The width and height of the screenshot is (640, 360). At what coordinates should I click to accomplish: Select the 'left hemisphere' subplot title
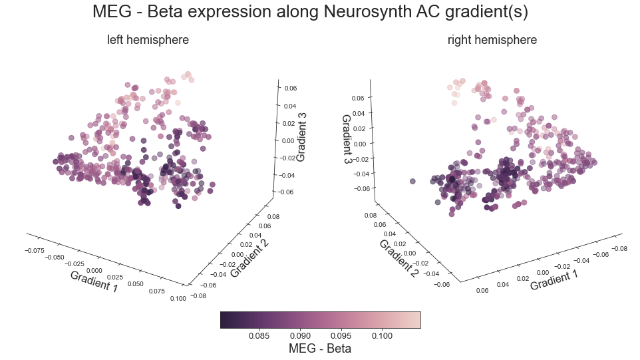click(148, 40)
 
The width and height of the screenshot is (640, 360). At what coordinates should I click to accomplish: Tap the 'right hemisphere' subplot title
click(492, 40)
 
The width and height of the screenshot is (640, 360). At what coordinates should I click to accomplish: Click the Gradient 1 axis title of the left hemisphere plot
click(94, 281)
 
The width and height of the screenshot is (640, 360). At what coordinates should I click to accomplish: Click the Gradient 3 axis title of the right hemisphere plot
click(347, 140)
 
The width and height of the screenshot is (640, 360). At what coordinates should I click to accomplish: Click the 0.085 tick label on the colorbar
click(259, 335)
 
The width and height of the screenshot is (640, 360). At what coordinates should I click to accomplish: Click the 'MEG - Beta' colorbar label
click(319, 349)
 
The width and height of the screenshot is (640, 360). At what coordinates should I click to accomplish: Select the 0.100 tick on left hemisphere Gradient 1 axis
click(178, 298)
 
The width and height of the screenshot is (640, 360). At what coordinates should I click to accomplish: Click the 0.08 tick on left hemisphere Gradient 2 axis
click(255, 217)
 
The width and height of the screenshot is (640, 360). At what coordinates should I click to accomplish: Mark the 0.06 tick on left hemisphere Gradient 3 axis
click(289, 89)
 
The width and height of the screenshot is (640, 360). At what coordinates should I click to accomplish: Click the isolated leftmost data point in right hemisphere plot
click(412, 181)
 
